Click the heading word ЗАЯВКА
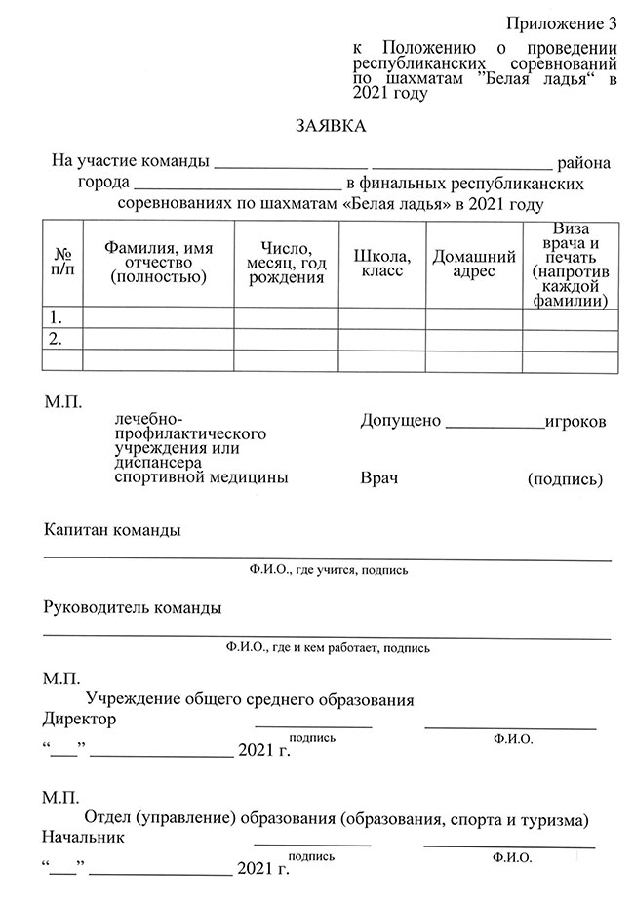click(332, 127)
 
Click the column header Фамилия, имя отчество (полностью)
click(159, 263)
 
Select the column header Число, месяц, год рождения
click(286, 263)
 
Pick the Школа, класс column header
click(381, 264)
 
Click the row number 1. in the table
click(57, 317)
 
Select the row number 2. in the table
click(57, 339)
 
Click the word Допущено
click(401, 421)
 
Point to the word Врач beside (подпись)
click(379, 478)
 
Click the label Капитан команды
click(112, 530)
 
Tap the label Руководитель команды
click(133, 607)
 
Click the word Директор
click(79, 720)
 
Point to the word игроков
click(575, 421)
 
